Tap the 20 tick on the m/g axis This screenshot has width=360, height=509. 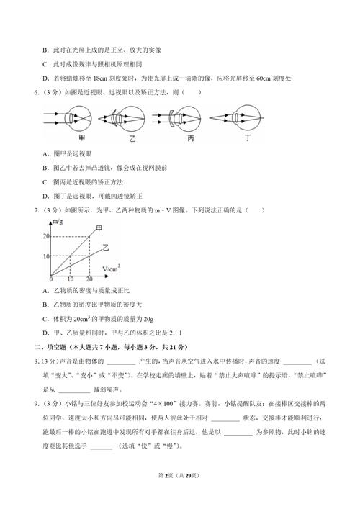[x=45, y=236]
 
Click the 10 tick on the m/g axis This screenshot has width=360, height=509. [x=45, y=256]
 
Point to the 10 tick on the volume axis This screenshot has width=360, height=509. [x=70, y=279]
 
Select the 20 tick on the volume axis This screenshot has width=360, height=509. [x=89, y=279]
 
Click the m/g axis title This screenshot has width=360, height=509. [x=56, y=225]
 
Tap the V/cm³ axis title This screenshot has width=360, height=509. [x=111, y=269]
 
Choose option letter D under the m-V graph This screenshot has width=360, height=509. [x=46, y=333]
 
